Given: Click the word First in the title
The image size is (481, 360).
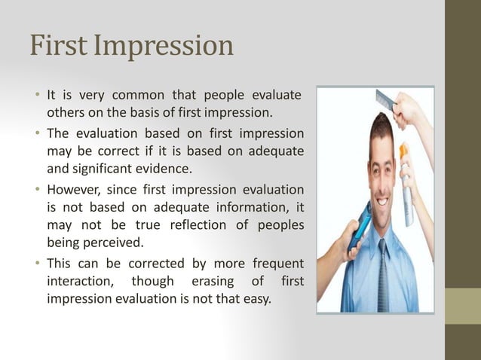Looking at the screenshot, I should click(x=56, y=46).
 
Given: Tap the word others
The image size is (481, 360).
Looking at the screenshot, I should click(x=66, y=114).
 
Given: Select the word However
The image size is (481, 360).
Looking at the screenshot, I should click(x=75, y=189).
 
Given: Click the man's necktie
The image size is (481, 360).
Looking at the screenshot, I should click(x=384, y=279).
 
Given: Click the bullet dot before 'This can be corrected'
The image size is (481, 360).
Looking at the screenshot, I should click(x=37, y=264).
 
